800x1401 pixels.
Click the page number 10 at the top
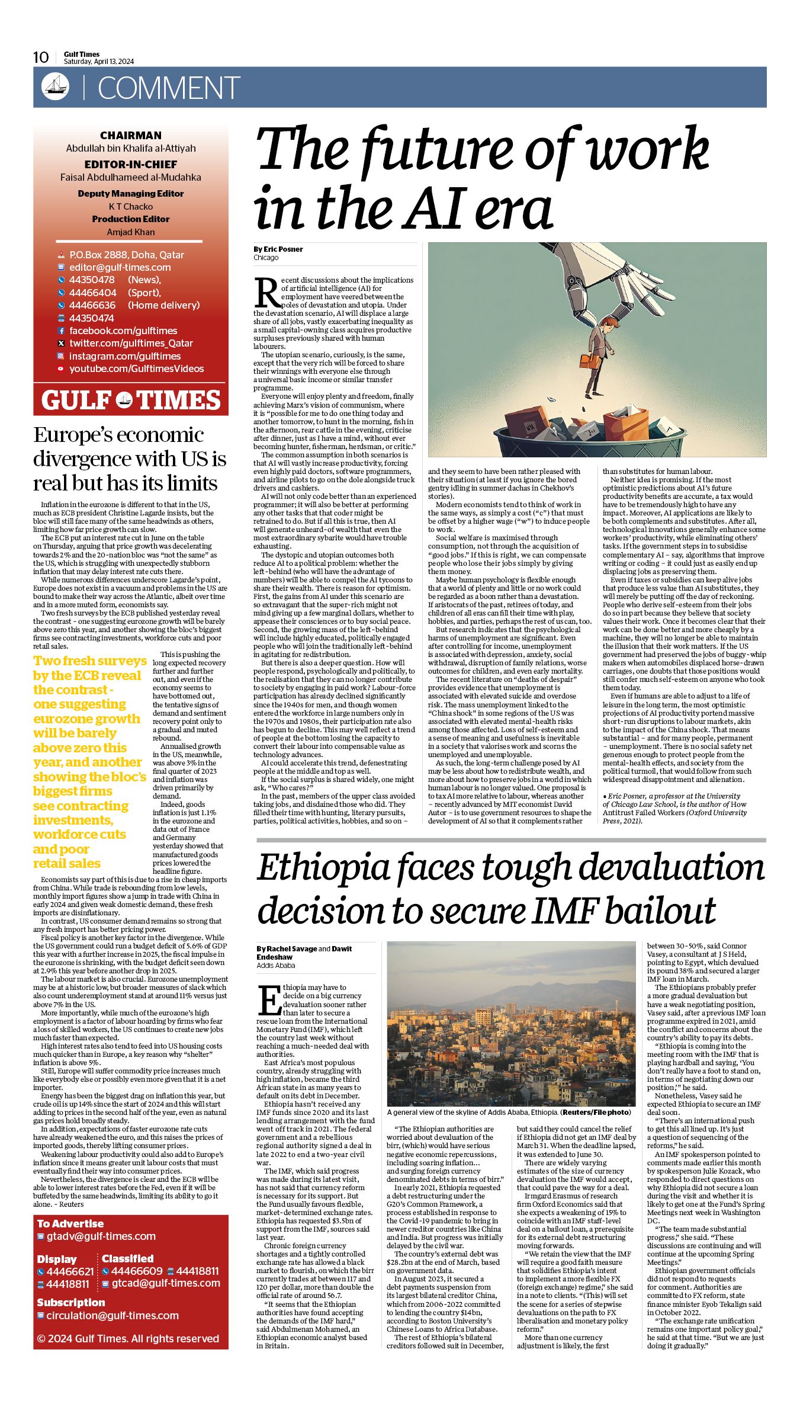41,57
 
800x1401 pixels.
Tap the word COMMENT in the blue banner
169,88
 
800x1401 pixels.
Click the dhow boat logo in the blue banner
55,87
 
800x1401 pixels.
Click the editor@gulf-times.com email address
120,267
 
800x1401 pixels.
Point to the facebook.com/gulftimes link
123,331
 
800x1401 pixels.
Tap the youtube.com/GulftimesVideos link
136,368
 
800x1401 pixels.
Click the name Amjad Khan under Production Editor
130,232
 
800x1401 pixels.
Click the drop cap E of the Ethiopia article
269,1001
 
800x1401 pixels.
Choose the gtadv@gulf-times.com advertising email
101,1236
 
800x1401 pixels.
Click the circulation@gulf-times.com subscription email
112,1315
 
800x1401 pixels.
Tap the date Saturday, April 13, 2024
99,62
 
